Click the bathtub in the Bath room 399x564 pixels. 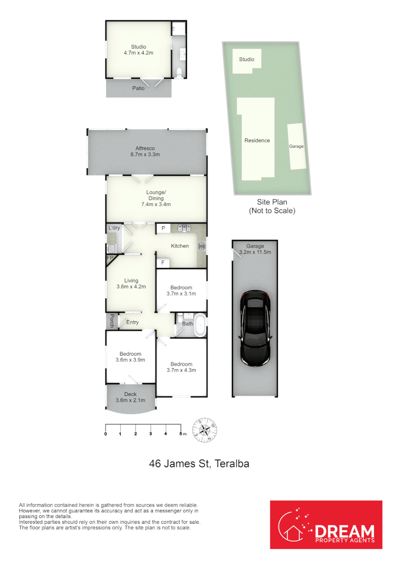tap(200, 324)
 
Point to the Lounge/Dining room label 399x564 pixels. tap(156, 198)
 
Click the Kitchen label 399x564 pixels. tap(180, 246)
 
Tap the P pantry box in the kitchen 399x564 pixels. tap(163, 228)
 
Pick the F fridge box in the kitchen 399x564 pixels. tap(163, 263)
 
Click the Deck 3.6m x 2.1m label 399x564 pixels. tap(130, 397)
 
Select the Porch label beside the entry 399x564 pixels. tap(112, 321)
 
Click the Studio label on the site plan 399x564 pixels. tap(247, 60)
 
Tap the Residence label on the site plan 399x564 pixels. tap(257, 140)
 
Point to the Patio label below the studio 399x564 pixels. tap(138, 88)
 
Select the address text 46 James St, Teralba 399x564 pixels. tap(199, 463)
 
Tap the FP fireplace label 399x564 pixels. tap(110, 258)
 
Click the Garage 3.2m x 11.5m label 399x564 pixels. tap(255, 249)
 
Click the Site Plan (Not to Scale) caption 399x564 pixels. tap(272, 206)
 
